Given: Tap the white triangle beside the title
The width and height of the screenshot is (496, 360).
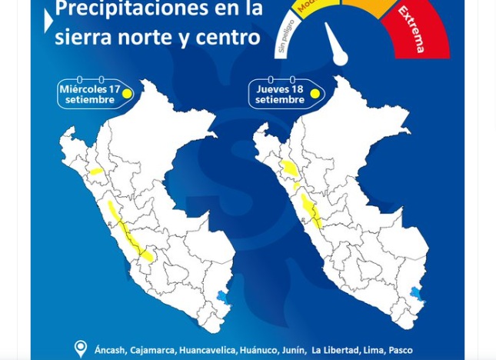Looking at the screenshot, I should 49,22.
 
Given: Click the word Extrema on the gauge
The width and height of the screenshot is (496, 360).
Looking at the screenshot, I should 412,28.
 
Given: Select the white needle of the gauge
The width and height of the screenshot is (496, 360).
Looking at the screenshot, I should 335,45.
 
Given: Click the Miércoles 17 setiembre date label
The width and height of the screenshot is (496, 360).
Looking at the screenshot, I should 89,95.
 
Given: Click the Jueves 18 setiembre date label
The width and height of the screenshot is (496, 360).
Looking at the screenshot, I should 280,95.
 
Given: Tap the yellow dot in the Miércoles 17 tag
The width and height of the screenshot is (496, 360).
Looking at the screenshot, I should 128,95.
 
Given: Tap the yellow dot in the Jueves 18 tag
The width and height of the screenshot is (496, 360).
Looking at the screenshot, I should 315,94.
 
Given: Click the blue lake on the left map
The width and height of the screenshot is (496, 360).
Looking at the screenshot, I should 222,296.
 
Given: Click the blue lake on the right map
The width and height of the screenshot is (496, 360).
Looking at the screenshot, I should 416,293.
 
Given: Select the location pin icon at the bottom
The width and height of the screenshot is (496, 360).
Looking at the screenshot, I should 80,348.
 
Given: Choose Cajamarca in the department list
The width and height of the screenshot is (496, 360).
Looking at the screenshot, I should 152,350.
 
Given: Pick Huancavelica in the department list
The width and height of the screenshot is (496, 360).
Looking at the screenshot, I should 207,350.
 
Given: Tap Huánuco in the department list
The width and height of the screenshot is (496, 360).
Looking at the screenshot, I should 258,350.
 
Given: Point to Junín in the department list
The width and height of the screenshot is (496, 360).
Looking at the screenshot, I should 293,350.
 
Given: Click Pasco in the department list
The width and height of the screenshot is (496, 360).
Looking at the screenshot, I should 400,350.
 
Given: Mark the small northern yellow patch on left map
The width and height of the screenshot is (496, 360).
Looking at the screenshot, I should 96,172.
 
